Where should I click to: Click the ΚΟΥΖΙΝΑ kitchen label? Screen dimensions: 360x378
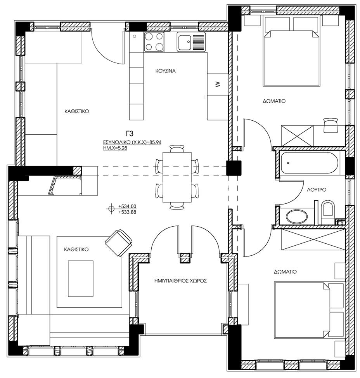click(165, 71)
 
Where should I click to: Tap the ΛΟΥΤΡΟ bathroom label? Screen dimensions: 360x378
click(317, 190)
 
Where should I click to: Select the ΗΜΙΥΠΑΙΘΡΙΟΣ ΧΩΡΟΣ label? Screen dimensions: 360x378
click(180, 281)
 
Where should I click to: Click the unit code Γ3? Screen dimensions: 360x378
click(130, 134)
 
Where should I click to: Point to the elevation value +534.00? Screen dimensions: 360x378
click(127, 206)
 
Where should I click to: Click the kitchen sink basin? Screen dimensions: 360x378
click(185, 42)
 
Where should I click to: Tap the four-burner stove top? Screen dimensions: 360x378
click(154, 42)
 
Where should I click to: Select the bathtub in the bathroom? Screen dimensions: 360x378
click(310, 163)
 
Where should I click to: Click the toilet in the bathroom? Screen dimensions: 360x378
click(328, 209)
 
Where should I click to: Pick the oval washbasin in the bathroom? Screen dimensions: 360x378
click(297, 216)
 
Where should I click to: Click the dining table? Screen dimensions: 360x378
click(177, 177)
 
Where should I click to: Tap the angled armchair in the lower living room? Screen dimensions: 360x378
click(119, 243)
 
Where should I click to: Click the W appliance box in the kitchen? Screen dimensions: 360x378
click(218, 84)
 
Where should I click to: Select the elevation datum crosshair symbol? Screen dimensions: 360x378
click(111, 209)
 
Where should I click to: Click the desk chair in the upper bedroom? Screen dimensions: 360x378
click(331, 125)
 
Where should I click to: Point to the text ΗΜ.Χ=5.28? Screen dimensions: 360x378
click(115, 148)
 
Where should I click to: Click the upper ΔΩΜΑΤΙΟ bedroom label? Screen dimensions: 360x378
click(274, 101)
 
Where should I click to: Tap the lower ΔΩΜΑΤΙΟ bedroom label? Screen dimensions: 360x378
click(285, 272)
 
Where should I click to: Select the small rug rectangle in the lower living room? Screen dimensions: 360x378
click(80, 278)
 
